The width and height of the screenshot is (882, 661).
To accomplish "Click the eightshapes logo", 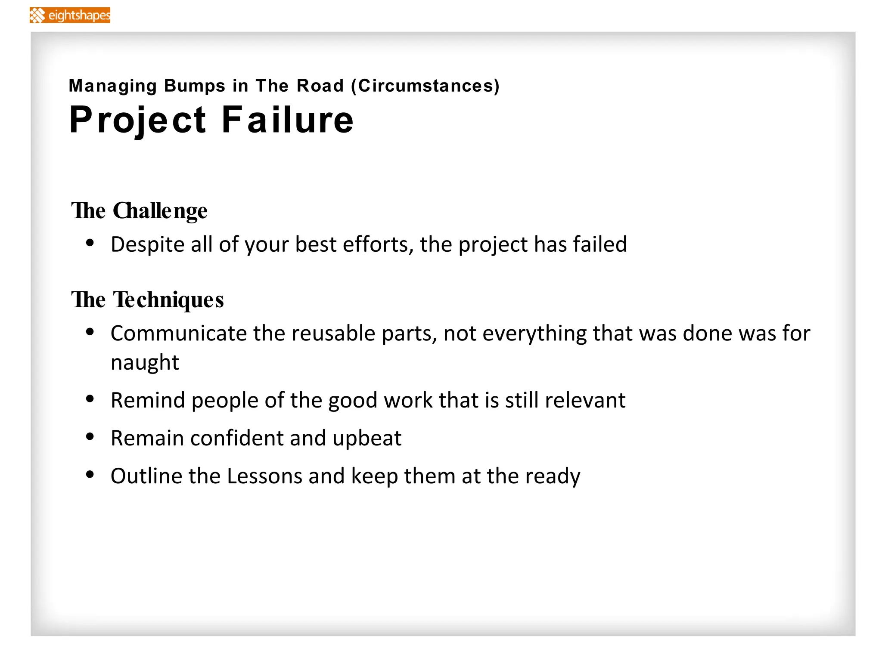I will coord(70,15).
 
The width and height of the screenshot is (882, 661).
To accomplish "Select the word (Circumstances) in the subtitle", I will coord(425,86).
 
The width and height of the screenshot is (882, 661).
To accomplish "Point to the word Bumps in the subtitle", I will coord(195,86).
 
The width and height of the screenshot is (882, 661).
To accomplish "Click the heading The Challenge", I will coord(139,211).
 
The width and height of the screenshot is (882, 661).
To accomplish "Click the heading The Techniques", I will coord(147,300).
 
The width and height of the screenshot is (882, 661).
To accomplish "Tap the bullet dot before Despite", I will coord(90,243).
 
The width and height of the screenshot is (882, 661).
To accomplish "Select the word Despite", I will coord(148,244).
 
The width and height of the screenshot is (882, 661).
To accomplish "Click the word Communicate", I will coord(178,333).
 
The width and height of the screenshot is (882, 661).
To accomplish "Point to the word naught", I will coord(145,362).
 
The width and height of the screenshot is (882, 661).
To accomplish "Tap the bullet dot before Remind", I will coord(90,399).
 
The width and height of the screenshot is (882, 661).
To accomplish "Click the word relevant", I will coord(585,400).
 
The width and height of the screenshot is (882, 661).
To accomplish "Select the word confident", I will coord(236,438).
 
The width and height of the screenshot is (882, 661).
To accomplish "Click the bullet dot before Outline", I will coord(90,475).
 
